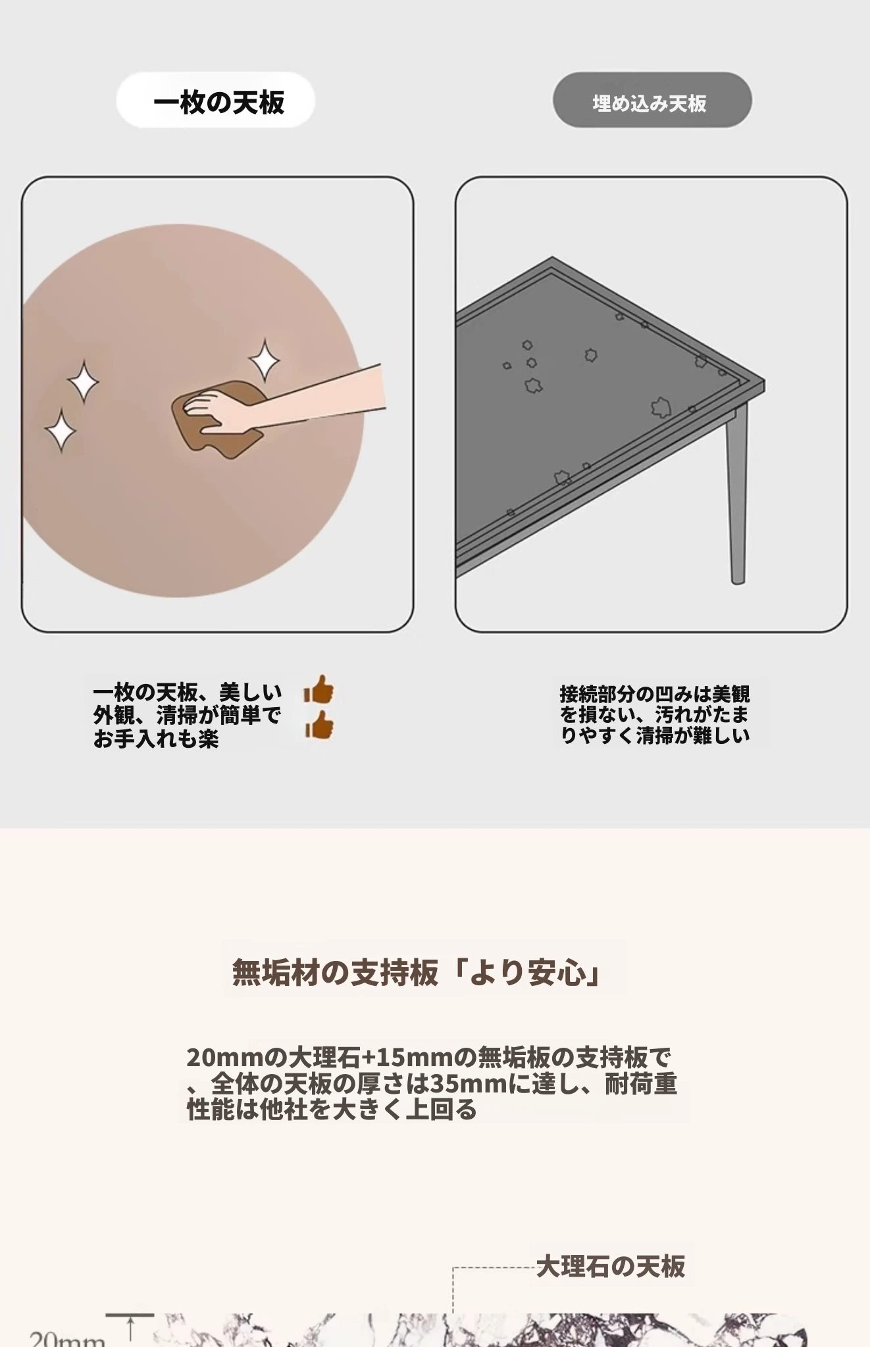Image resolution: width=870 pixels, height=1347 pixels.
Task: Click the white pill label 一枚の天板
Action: click(x=216, y=100)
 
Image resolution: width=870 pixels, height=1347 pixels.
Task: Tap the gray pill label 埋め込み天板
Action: click(x=652, y=100)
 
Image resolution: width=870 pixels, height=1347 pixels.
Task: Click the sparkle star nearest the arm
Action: click(x=265, y=360)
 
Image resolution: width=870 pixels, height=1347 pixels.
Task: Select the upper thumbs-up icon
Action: click(x=319, y=691)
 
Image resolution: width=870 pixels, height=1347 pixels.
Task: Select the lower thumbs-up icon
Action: click(x=319, y=726)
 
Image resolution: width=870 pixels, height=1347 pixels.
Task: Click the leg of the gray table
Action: click(x=736, y=493)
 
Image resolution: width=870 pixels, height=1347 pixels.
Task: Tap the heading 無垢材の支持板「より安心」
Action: click(x=417, y=972)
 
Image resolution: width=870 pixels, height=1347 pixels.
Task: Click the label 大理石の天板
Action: click(x=611, y=1266)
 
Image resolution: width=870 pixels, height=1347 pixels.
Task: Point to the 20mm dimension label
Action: click(x=67, y=1338)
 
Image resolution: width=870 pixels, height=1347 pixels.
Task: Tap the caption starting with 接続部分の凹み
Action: click(x=655, y=714)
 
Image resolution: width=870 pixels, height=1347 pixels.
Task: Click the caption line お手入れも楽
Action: click(x=156, y=739)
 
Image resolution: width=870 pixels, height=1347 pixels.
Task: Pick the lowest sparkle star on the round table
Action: click(x=61, y=430)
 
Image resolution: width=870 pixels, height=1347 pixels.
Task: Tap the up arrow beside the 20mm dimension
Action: click(x=130, y=1329)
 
